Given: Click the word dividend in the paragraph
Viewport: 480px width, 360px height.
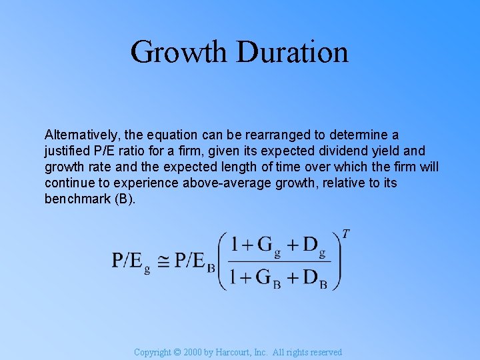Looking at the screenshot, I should click(x=345, y=151).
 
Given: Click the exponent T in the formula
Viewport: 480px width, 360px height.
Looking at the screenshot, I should click(x=345, y=234).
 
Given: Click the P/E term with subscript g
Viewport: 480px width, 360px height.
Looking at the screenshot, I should click(x=131, y=261).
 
